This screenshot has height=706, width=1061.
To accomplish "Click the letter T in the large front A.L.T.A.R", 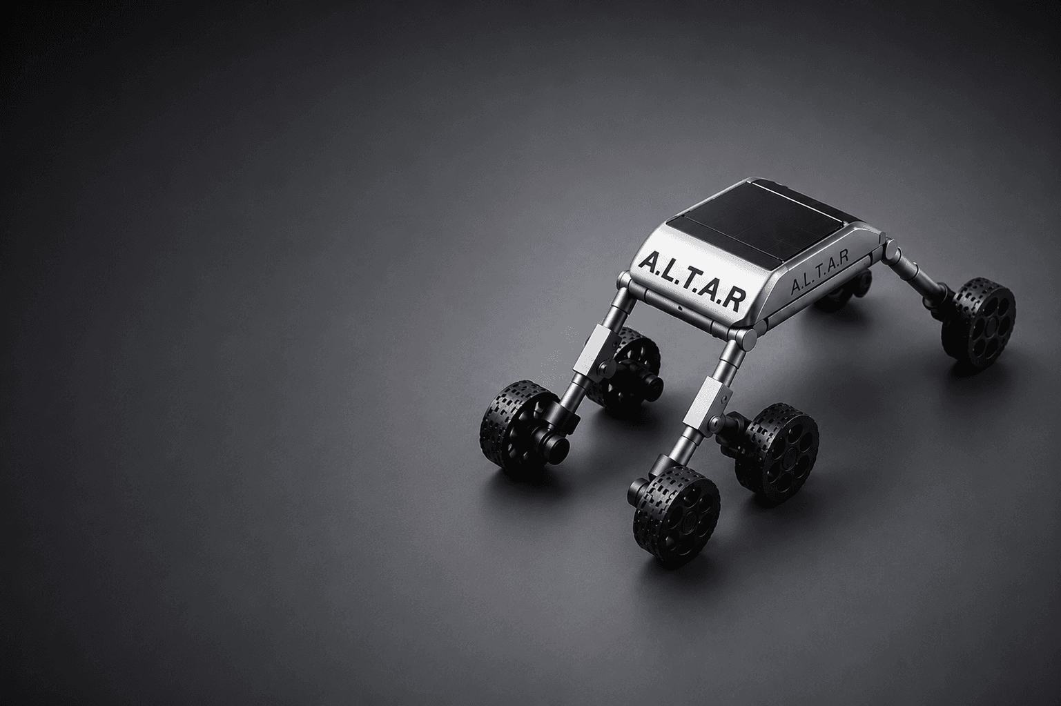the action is click(689, 281).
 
